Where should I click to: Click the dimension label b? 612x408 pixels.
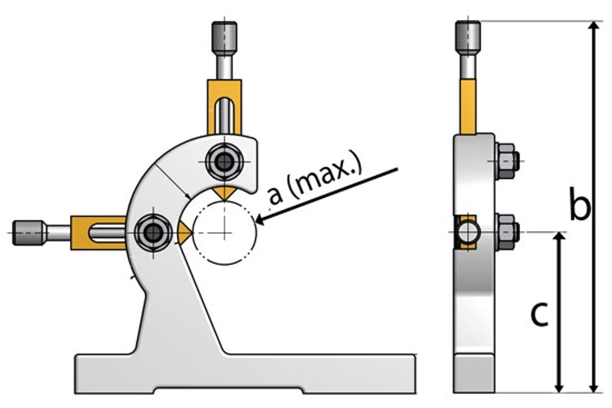tap(580, 204)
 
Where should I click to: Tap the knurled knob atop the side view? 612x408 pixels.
tap(467, 36)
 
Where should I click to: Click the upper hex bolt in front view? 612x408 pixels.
tap(224, 162)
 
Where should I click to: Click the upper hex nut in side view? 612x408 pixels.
tap(507, 160)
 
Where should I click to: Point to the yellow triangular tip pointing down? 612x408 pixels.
tap(225, 193)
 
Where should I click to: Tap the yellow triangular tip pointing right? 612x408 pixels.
tap(184, 232)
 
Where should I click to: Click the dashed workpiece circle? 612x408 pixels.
tap(224, 233)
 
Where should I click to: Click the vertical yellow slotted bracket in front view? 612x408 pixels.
tap(225, 107)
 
